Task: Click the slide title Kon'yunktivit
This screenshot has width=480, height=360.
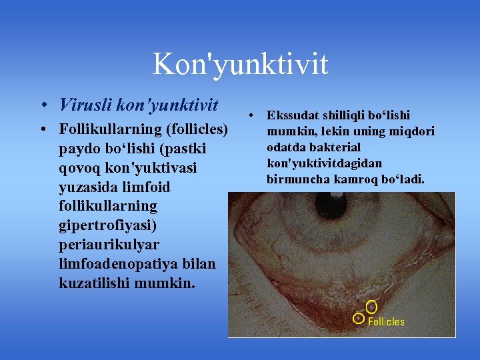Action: click(240, 65)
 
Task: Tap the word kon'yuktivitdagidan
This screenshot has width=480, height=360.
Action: click(324, 163)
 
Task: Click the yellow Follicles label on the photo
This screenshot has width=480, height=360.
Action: click(386, 321)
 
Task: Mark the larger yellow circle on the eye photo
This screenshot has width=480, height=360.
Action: click(371, 307)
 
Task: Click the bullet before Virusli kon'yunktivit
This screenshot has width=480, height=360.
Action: click(43, 106)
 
